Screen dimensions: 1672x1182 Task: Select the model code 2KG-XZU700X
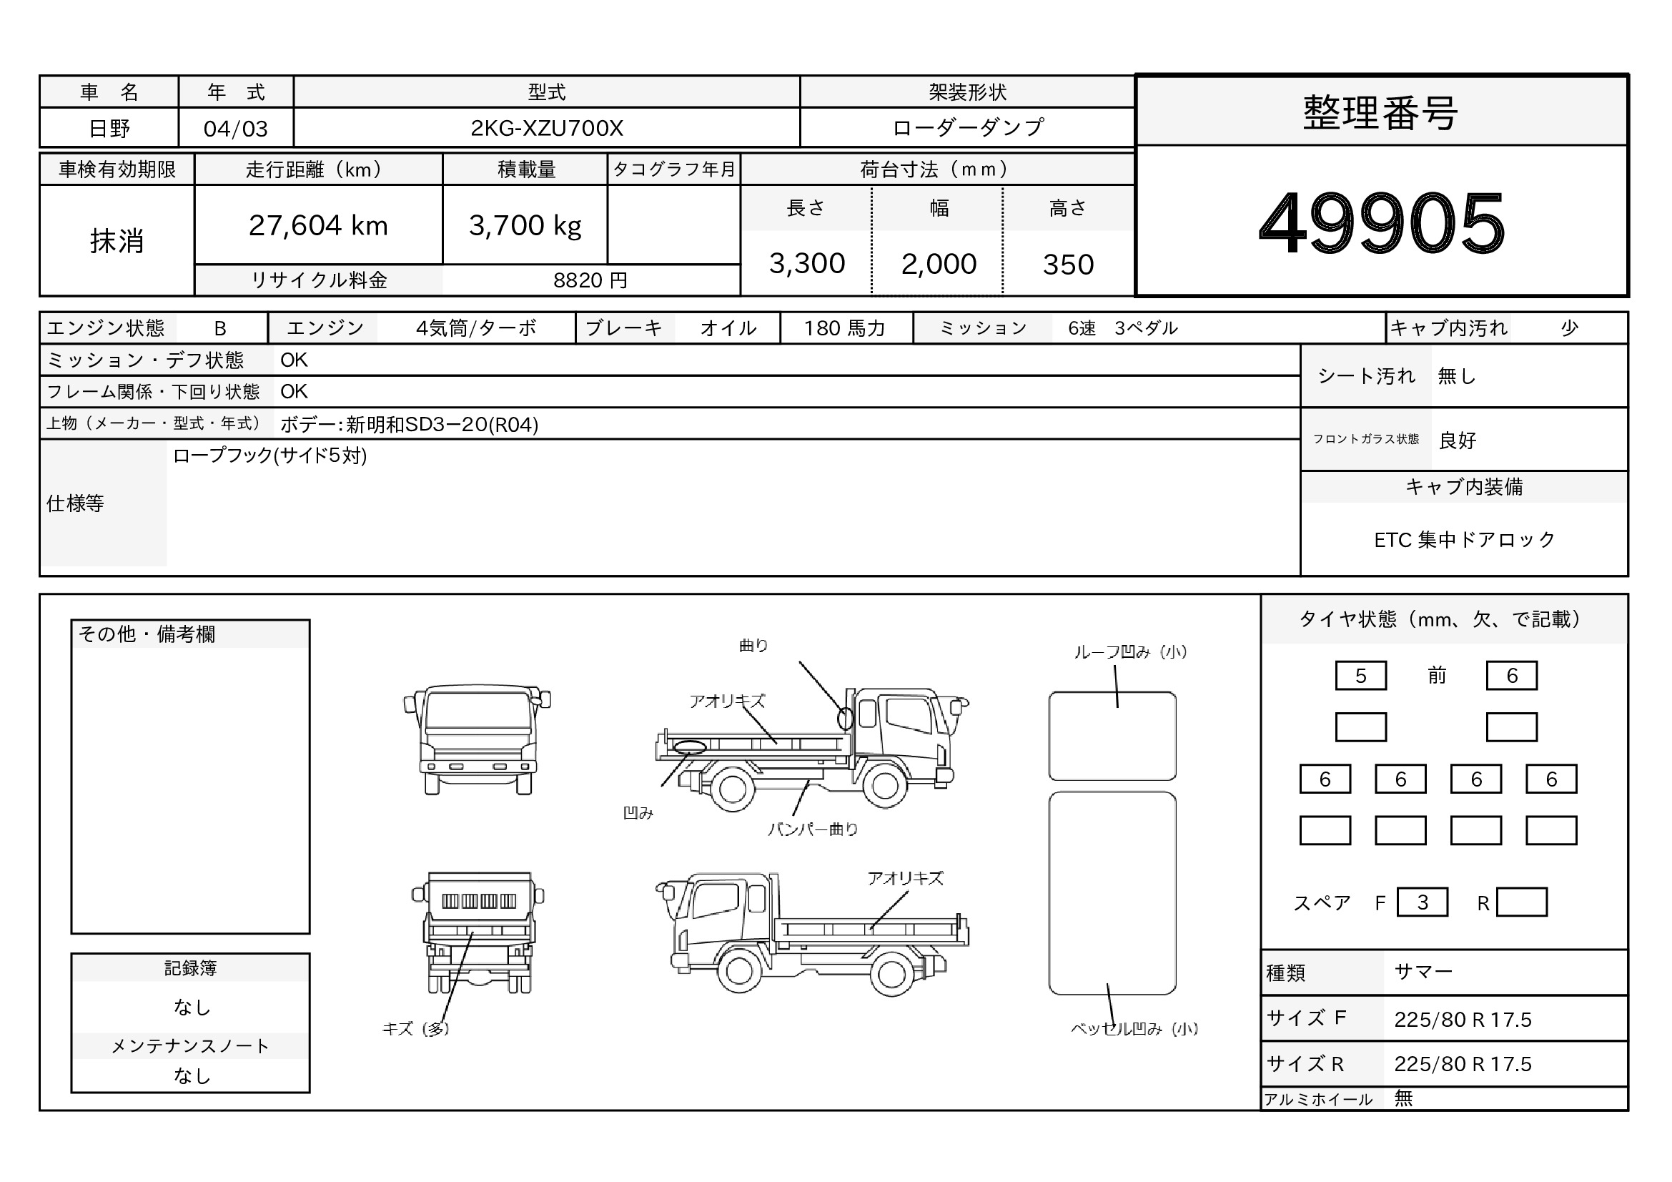click(x=547, y=128)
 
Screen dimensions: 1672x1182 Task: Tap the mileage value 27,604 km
click(x=318, y=226)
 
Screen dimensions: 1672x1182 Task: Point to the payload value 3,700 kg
click(x=525, y=226)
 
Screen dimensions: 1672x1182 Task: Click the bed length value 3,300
click(x=807, y=264)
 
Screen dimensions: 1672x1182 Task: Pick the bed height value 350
click(x=1068, y=265)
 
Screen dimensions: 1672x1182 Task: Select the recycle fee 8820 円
click(x=590, y=280)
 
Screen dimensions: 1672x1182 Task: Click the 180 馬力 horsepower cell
click(x=845, y=328)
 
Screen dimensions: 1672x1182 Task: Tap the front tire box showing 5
click(x=1360, y=676)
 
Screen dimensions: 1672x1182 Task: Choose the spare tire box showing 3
click(x=1423, y=902)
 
